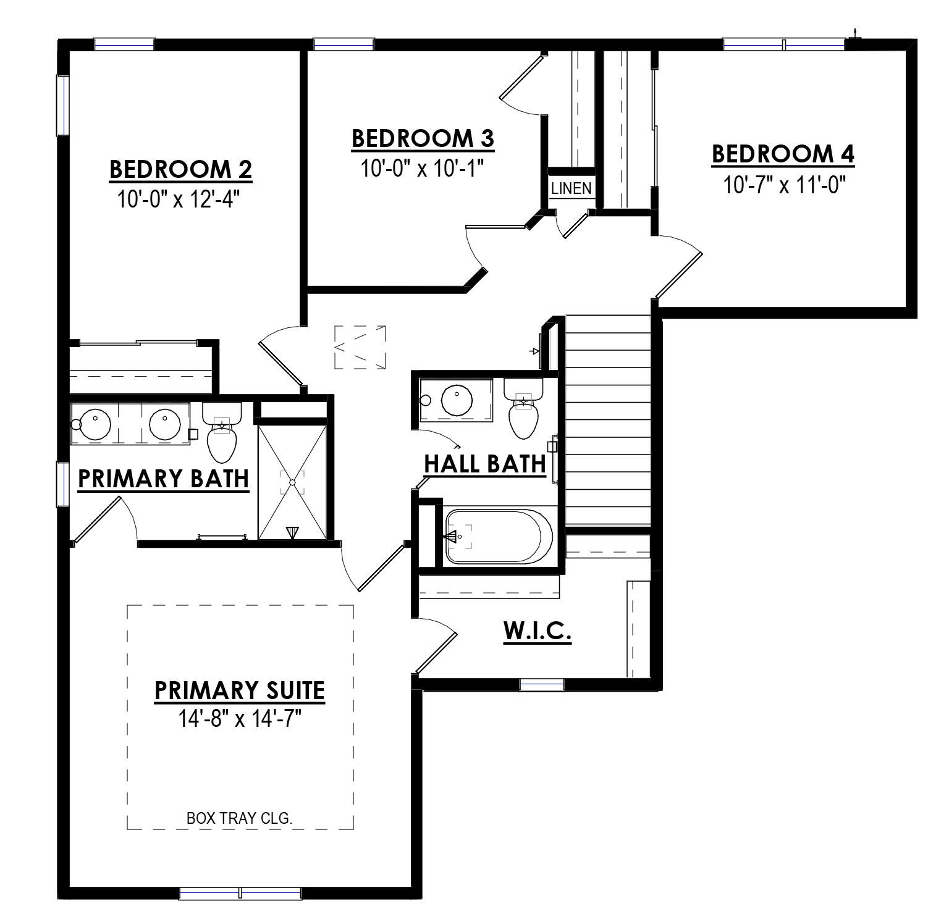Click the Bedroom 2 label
[180, 169]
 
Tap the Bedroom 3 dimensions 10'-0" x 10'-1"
[422, 168]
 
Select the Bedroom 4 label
[783, 154]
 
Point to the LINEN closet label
[571, 188]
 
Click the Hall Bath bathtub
[498, 536]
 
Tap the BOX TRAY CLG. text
[239, 818]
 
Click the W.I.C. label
[537, 632]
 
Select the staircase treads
[608, 420]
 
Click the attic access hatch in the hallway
[360, 348]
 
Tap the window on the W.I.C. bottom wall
[541, 684]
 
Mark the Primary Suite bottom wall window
[240, 892]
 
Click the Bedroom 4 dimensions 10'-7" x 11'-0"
[784, 185]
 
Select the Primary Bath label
[163, 479]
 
